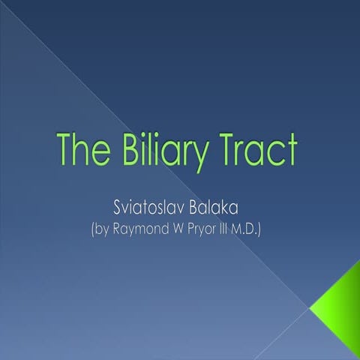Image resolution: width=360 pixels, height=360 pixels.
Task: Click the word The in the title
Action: [x=85, y=151]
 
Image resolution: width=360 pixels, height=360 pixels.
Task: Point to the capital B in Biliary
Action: [x=124, y=151]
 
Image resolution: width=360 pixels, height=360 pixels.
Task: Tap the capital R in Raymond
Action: [x=119, y=227]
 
